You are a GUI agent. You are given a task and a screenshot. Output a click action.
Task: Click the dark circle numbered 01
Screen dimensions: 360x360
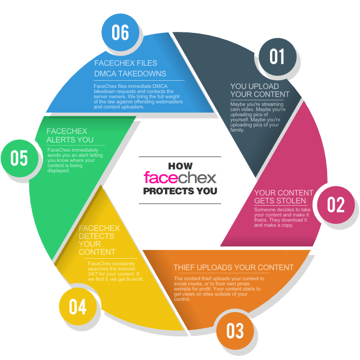tap(278, 57)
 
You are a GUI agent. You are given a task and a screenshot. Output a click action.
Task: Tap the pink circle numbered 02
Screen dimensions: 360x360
tap(336, 205)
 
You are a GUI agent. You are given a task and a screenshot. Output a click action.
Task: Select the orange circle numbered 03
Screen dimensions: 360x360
tap(235, 331)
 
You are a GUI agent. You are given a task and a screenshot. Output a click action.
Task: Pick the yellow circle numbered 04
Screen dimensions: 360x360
tap(78, 307)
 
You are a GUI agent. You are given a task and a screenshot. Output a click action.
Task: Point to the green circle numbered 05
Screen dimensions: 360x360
tap(20, 158)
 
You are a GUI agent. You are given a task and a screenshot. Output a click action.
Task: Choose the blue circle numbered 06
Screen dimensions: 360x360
tap(120, 32)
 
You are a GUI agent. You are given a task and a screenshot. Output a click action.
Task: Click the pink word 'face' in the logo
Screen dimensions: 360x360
tap(160, 177)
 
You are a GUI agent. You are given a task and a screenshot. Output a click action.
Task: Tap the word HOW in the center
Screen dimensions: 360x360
tap(180, 166)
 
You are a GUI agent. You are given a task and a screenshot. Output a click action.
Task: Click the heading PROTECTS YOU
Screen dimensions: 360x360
tap(180, 191)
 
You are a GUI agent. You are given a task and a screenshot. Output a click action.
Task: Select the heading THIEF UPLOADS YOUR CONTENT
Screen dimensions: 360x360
tap(233, 267)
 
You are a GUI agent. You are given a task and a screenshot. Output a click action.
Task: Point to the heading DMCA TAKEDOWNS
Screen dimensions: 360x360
tap(130, 74)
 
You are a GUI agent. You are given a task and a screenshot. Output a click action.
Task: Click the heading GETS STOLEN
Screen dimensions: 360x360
tap(280, 201)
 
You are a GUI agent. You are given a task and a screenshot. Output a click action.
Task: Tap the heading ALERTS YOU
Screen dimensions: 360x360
tap(70, 140)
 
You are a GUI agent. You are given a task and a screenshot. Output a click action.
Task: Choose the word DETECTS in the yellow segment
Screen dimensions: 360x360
tap(97, 236)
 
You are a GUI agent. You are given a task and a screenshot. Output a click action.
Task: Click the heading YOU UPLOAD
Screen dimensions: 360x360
tap(255, 86)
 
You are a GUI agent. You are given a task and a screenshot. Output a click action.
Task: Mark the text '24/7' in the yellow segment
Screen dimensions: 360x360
tap(93, 274)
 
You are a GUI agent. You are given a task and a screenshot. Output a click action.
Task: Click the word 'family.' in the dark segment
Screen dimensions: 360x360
tap(238, 130)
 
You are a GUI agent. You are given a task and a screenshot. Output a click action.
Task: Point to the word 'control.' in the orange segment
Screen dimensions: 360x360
tap(182, 299)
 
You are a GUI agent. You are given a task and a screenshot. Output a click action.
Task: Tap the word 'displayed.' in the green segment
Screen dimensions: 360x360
tap(59, 171)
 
